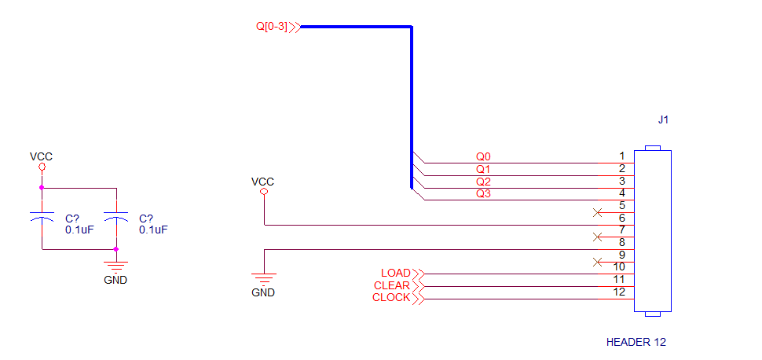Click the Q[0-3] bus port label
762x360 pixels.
point(272,26)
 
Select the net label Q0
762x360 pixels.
point(484,157)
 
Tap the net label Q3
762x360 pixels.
point(484,194)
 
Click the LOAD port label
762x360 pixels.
point(396,273)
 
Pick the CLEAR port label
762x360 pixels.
point(392,285)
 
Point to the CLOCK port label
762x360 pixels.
point(391,298)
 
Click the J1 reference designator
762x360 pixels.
point(663,119)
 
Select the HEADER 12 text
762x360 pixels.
point(636,342)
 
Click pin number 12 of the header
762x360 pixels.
point(619,292)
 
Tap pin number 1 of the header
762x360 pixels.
point(621,156)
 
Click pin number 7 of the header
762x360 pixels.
point(621,230)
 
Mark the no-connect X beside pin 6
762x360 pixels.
point(598,212)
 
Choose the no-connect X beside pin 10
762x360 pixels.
point(598,263)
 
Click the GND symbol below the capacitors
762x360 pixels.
point(115,266)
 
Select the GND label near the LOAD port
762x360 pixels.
point(263,293)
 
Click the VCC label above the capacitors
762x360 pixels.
point(42,156)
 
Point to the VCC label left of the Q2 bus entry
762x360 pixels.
point(263,182)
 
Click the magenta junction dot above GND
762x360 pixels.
point(115,249)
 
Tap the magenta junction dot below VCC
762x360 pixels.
point(42,187)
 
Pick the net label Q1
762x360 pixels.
point(484,169)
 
